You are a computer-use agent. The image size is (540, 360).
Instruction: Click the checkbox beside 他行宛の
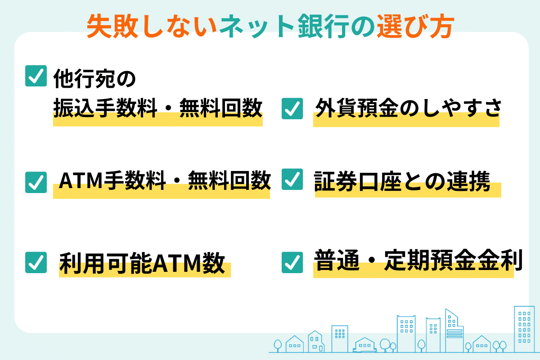click(x=36, y=76)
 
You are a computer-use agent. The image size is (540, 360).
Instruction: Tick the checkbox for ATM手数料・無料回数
click(x=36, y=182)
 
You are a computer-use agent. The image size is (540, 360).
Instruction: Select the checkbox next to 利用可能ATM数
click(x=36, y=262)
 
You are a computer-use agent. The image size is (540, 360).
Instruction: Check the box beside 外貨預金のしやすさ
click(x=292, y=108)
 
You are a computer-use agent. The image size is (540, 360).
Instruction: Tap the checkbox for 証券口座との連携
click(x=292, y=179)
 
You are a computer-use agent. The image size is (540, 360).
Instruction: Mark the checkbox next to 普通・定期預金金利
click(x=292, y=262)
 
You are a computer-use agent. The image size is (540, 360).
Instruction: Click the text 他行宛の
click(x=95, y=78)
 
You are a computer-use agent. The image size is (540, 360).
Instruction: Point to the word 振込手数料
click(x=105, y=108)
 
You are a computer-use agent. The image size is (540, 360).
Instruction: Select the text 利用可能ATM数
click(x=142, y=263)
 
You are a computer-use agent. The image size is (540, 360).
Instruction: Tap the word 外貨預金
click(x=357, y=108)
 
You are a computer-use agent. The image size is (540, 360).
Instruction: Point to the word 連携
click(x=468, y=181)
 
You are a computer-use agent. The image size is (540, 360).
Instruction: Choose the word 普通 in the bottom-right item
click(x=337, y=260)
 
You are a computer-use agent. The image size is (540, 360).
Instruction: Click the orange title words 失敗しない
click(x=151, y=26)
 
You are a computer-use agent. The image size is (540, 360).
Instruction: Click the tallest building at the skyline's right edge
click(x=524, y=329)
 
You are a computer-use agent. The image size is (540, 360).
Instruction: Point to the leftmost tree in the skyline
click(x=278, y=346)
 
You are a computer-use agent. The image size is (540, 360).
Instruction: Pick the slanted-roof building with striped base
click(x=454, y=331)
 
